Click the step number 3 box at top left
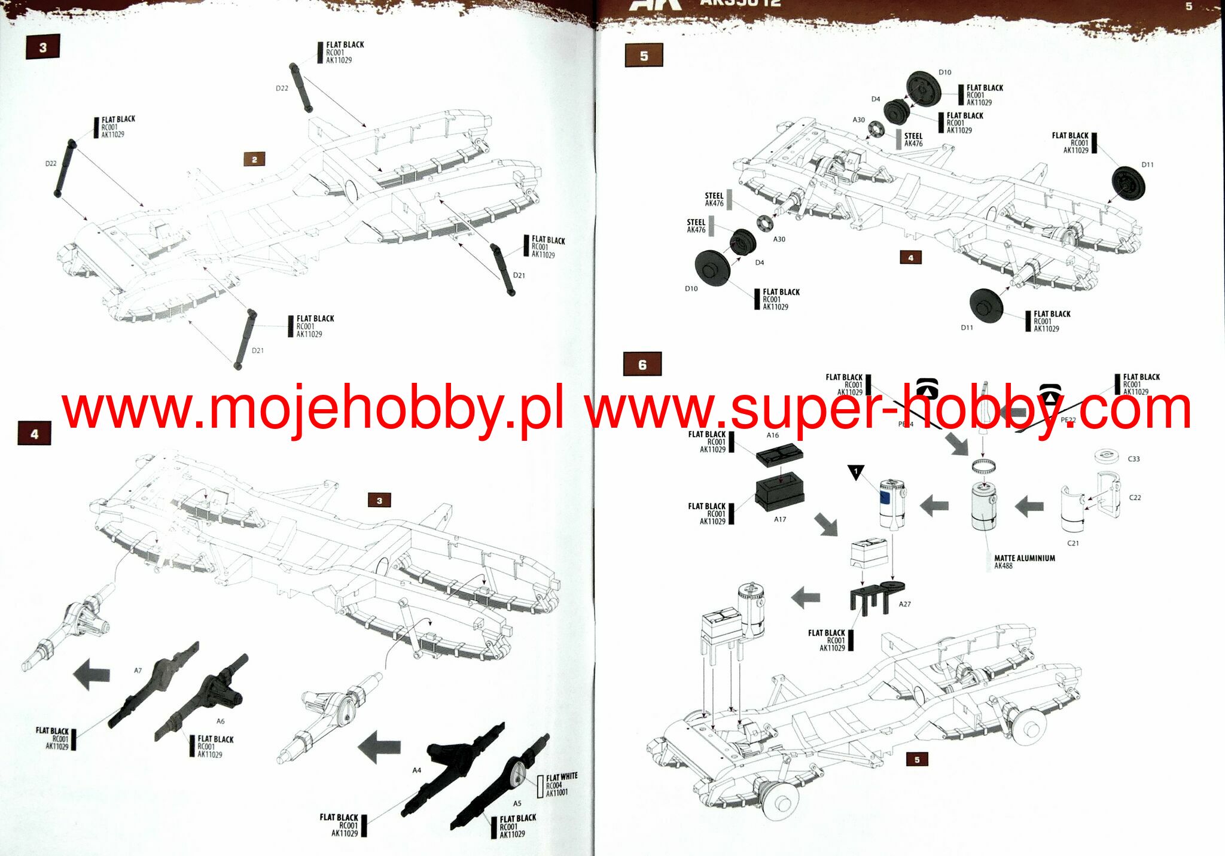click(x=42, y=48)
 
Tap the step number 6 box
click(x=642, y=364)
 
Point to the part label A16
click(x=773, y=435)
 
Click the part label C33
click(x=1133, y=459)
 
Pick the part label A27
click(x=904, y=604)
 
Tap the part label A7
click(x=138, y=671)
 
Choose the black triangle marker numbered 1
click(x=856, y=472)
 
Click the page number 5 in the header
click(x=1189, y=7)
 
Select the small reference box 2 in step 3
click(x=254, y=159)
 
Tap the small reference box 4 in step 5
click(x=910, y=258)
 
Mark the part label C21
click(x=1073, y=543)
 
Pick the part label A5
click(x=517, y=803)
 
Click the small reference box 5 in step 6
click(x=917, y=760)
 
